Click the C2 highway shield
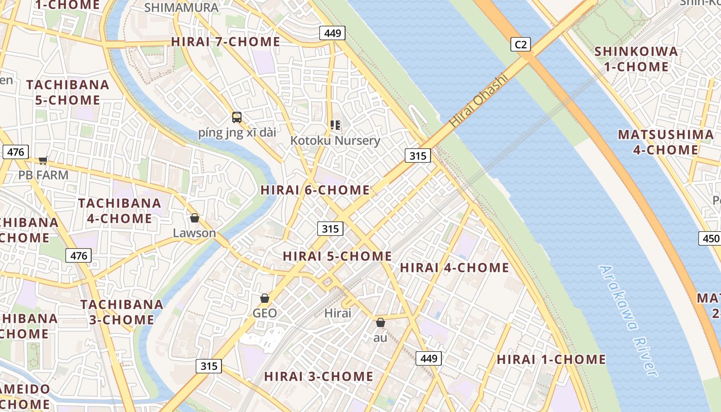point(521,45)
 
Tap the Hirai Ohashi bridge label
point(478,101)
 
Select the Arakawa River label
point(629,320)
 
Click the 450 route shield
point(710,238)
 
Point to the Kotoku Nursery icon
point(335,125)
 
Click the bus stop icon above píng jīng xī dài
point(237,117)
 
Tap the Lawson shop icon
point(194,218)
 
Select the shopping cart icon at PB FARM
point(43,161)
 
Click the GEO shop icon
point(265,298)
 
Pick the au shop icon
point(380,323)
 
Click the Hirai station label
point(338,313)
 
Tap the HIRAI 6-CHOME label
point(315,190)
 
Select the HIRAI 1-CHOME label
point(551,359)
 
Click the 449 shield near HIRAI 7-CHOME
point(332,33)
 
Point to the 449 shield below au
point(428,358)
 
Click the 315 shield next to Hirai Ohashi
point(417,156)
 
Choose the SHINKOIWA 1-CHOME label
point(636,59)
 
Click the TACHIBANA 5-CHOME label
point(67,92)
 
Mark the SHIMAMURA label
point(181,8)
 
